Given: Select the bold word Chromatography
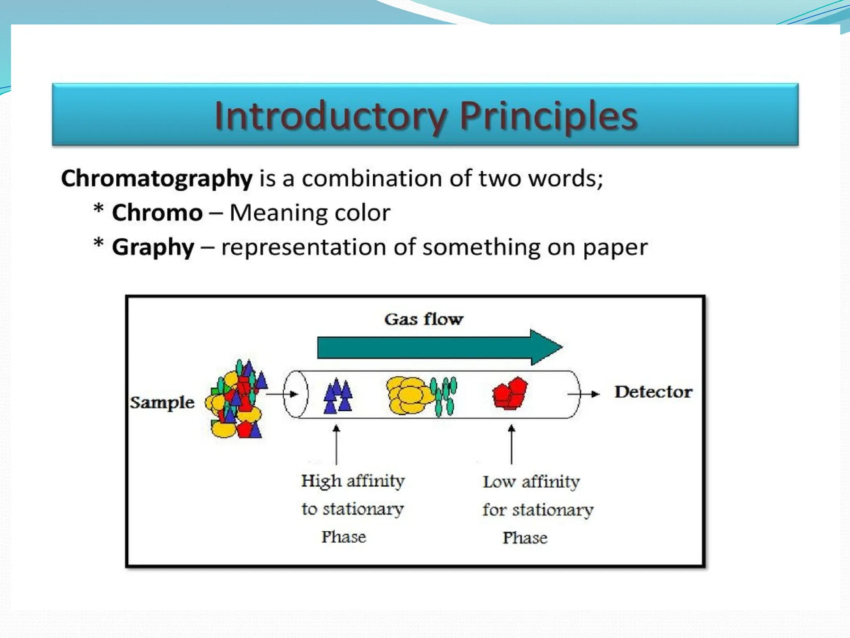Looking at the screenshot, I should click(x=156, y=179).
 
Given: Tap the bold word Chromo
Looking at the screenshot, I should click(x=157, y=213).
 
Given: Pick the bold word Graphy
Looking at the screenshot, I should click(x=153, y=248).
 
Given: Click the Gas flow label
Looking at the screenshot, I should click(x=423, y=319).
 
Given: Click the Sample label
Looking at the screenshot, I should click(x=162, y=402).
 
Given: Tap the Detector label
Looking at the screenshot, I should click(x=653, y=392).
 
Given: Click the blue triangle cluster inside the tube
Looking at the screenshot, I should click(x=338, y=396).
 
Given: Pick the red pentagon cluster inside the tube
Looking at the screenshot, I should click(x=510, y=393).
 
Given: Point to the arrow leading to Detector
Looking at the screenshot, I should click(x=584, y=394).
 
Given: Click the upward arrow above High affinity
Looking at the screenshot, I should click(x=336, y=444).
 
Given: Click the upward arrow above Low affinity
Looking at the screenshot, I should click(x=511, y=444).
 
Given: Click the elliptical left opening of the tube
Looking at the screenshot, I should click(x=296, y=394).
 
